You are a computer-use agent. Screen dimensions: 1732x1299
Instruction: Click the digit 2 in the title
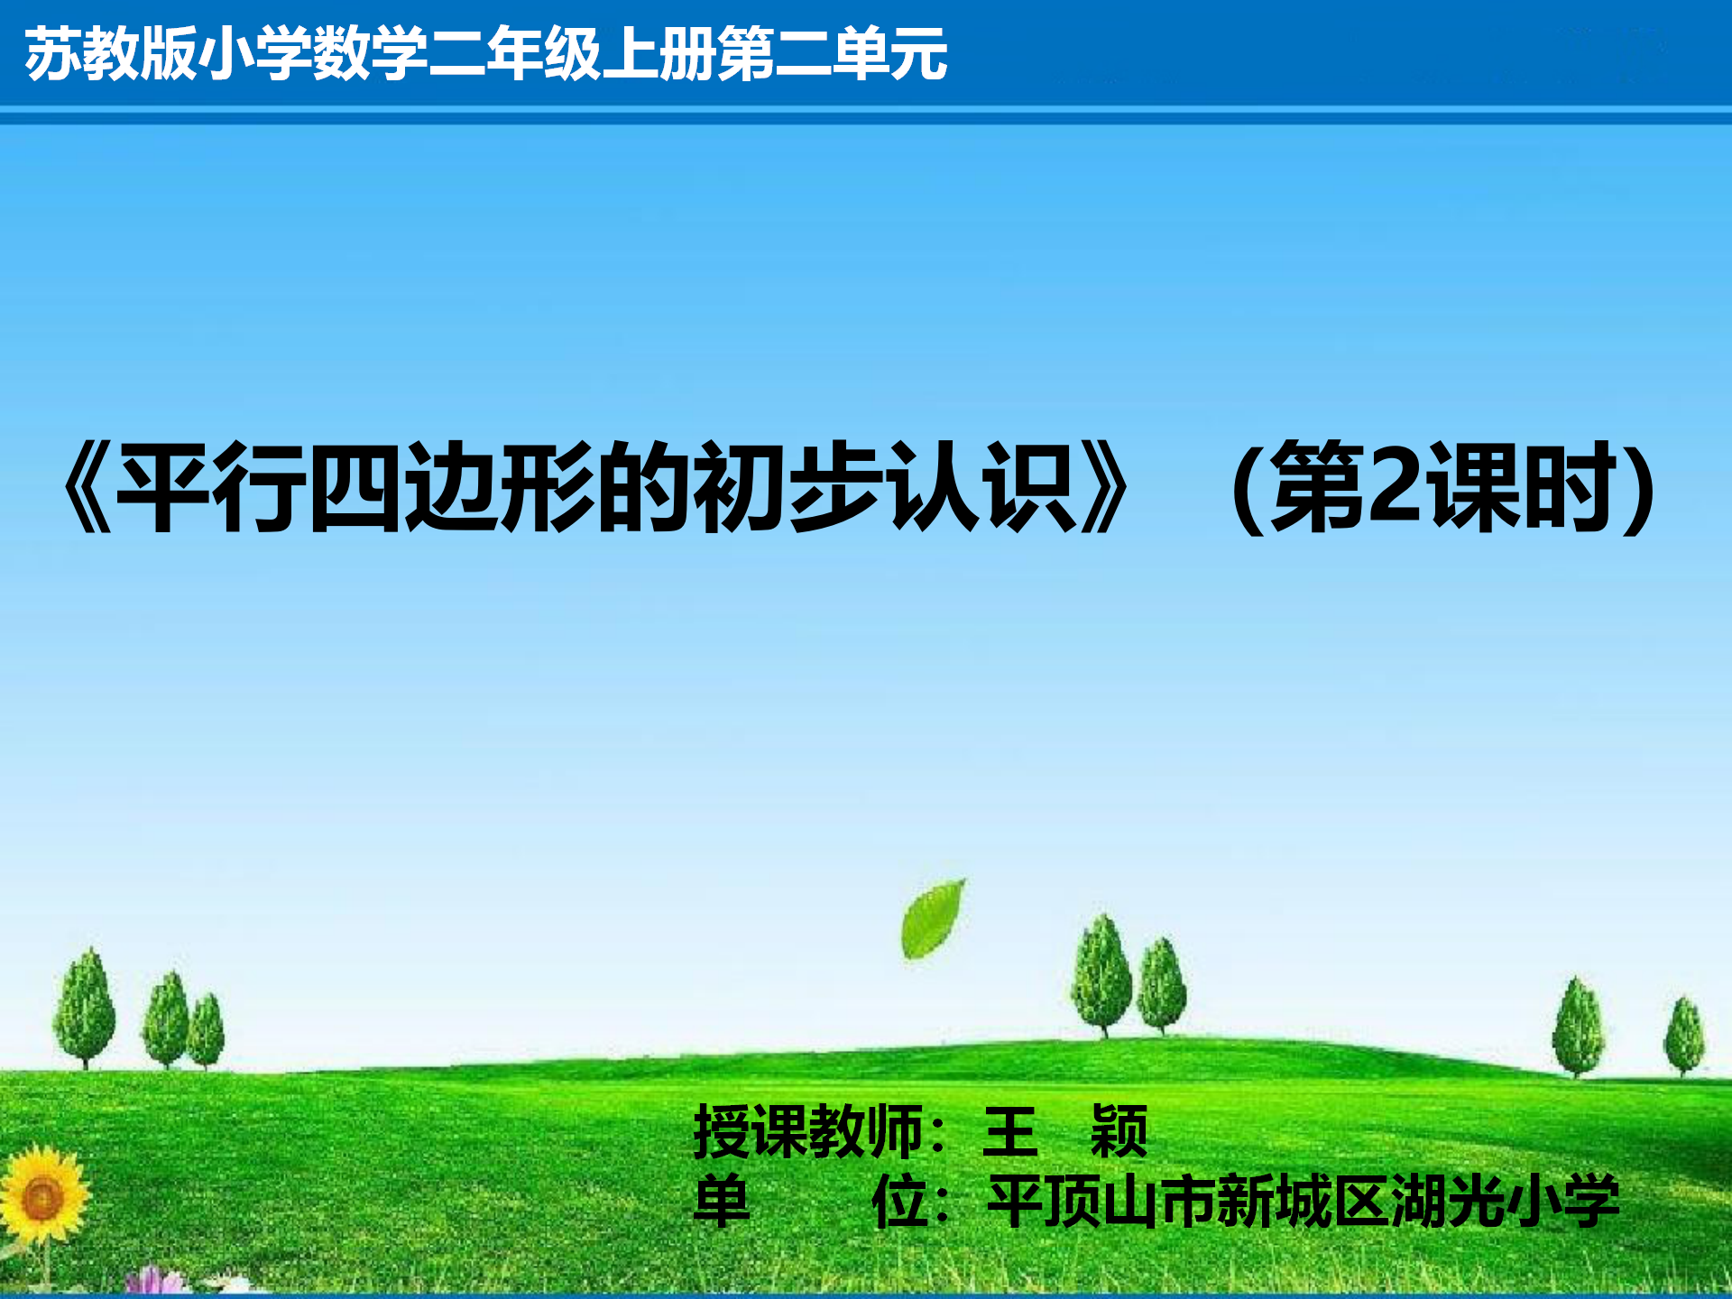[1395, 485]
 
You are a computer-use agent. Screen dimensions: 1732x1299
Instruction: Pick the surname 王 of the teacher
[1010, 1131]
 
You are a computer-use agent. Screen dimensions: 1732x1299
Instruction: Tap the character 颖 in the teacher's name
[1119, 1131]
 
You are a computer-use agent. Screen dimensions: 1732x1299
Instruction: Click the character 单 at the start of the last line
[722, 1201]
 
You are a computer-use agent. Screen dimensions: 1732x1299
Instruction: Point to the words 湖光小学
[1505, 1201]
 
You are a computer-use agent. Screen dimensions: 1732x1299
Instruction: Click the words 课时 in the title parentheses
[1520, 485]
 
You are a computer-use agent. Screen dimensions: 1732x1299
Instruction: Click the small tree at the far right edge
[1684, 1036]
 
